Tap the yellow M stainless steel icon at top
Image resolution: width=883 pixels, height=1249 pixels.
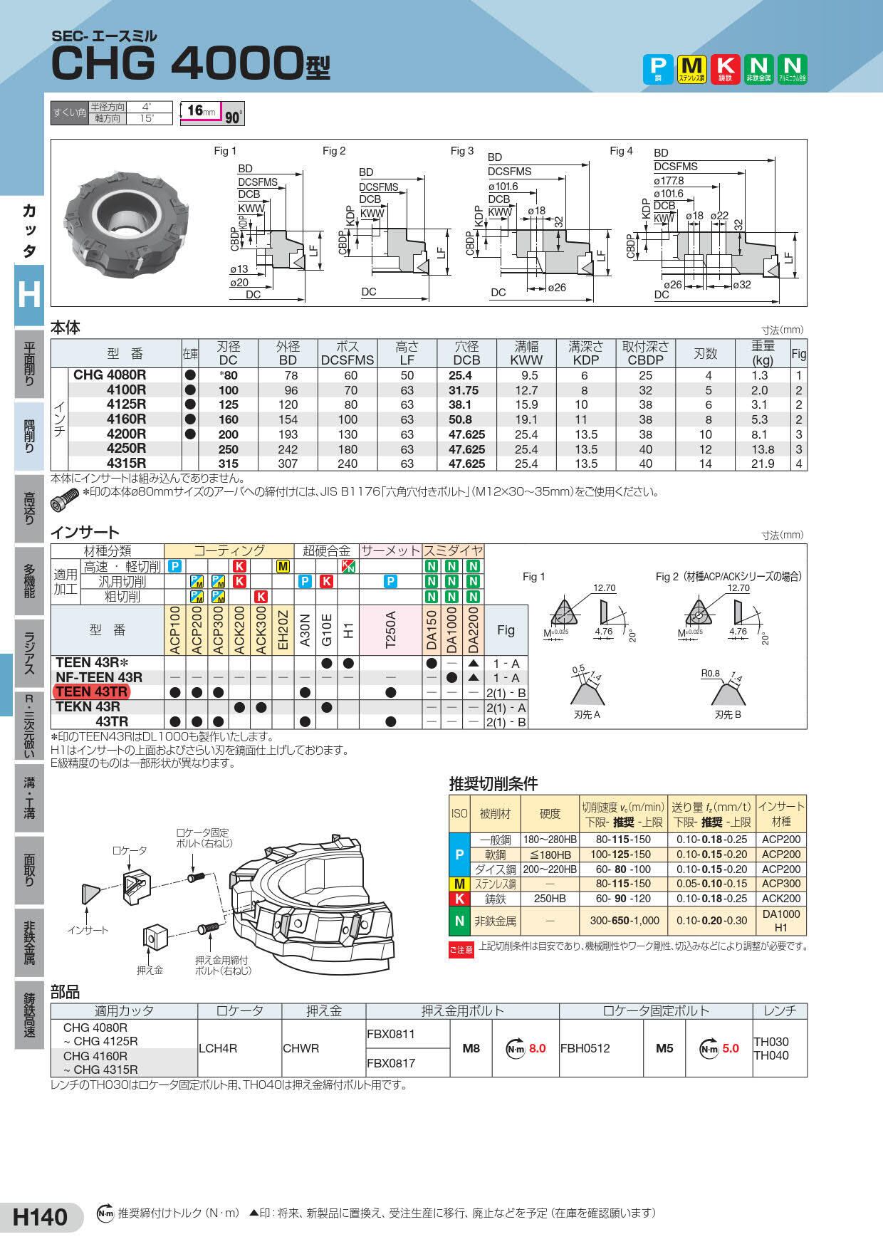691,69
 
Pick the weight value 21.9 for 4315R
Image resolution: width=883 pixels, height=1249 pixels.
763,464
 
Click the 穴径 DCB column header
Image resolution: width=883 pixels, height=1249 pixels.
466,353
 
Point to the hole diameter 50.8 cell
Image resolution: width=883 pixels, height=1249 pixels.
466,419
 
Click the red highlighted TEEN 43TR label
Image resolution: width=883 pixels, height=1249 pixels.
92,692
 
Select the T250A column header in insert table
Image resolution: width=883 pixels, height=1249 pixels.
390,631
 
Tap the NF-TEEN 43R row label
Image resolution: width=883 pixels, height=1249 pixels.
99,677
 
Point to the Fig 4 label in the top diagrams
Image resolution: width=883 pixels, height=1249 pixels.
621,151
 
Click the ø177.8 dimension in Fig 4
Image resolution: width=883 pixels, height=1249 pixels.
669,181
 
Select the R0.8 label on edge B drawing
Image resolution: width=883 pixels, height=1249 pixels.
711,671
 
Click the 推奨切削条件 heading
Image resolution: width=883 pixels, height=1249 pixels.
493,784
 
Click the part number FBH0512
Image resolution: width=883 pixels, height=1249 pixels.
585,1048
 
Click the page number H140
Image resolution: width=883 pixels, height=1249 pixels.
41,1217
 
